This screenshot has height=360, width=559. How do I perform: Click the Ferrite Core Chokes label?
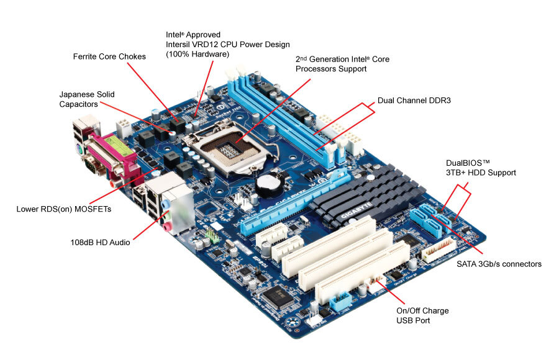pos(109,56)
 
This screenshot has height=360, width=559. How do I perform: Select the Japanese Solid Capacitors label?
pos(87,99)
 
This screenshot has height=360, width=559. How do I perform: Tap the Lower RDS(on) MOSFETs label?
pos(64,209)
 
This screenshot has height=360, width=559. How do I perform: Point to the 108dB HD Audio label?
pos(100,242)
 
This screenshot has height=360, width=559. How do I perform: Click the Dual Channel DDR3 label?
pos(414,99)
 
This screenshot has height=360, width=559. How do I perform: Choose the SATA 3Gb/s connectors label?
pos(494,264)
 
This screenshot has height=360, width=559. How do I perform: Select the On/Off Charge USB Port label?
pos(422,315)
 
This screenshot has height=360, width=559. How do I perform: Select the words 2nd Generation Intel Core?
pos(342,59)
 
